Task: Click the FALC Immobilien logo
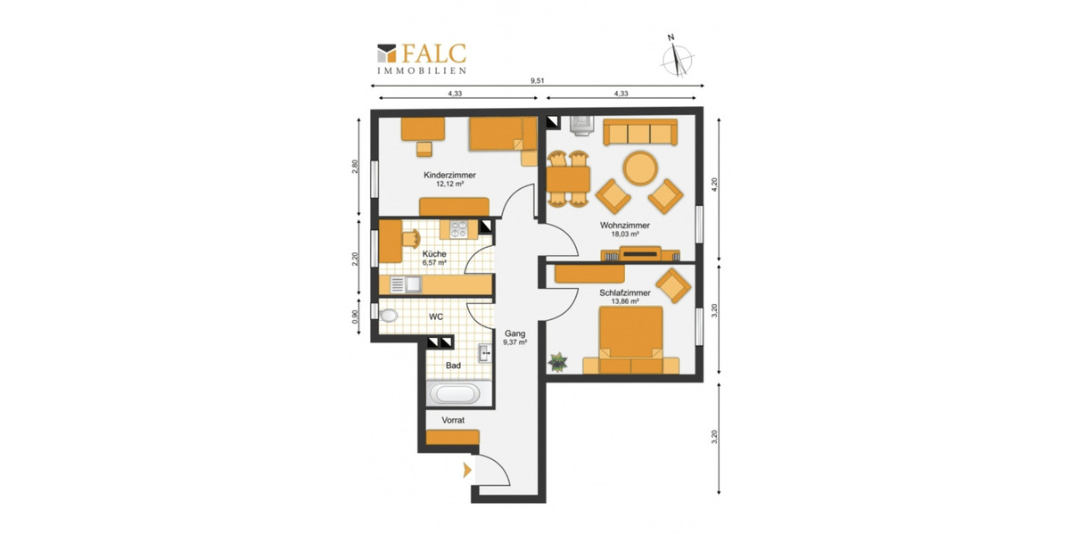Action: (421, 59)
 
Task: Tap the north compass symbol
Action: (678, 57)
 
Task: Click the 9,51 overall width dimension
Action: (538, 81)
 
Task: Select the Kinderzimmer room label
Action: (449, 176)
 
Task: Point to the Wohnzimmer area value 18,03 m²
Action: (625, 234)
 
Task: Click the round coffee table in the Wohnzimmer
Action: (640, 169)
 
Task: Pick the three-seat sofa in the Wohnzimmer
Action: (640, 132)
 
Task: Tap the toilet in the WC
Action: (389, 316)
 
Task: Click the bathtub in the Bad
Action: (455, 394)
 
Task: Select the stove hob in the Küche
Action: (459, 230)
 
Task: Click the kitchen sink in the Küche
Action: (406, 284)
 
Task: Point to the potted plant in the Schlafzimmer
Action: (557, 362)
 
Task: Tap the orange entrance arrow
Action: (467, 471)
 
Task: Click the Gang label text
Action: (515, 333)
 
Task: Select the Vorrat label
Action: (453, 420)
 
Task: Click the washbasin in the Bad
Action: (485, 353)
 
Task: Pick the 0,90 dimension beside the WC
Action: (355, 317)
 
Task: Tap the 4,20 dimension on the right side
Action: (714, 185)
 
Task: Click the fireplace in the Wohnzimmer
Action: (580, 126)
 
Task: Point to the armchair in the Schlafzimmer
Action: (673, 285)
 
